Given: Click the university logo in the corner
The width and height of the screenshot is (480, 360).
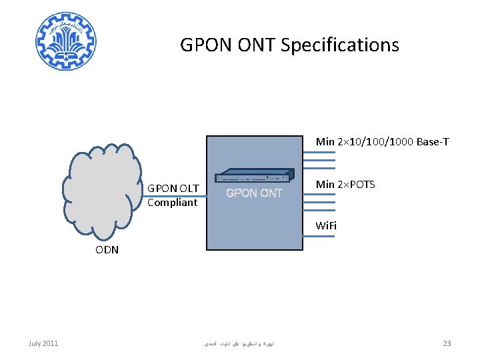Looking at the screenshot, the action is coord(66,41).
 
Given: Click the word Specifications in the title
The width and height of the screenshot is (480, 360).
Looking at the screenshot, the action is coord(340,45).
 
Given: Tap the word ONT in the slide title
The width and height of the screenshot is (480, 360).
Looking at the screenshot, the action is coord(257,45).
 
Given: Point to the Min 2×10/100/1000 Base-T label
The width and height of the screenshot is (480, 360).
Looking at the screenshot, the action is coord(382,142).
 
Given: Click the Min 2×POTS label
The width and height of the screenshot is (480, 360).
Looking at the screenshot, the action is coord(345,184).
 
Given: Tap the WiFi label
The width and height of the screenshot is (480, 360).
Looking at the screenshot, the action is coord(326,225).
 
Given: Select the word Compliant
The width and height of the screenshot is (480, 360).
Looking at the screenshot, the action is coord(172,202).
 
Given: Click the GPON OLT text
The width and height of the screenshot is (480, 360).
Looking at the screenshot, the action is coord(173,189).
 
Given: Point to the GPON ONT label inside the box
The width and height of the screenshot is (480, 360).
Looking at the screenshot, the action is coord(254,193).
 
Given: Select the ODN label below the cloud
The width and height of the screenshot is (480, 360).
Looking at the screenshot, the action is coord(107,250).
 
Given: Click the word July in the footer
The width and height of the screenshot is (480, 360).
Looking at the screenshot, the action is coord(35,343).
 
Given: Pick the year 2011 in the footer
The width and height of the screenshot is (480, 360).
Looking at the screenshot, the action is coord(50,343).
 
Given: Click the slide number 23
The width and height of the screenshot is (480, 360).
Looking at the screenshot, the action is coord(447,343).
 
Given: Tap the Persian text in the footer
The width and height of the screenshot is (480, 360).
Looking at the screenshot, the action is coord(239,344).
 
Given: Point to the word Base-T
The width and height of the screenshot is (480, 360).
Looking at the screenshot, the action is coord(433,142).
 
